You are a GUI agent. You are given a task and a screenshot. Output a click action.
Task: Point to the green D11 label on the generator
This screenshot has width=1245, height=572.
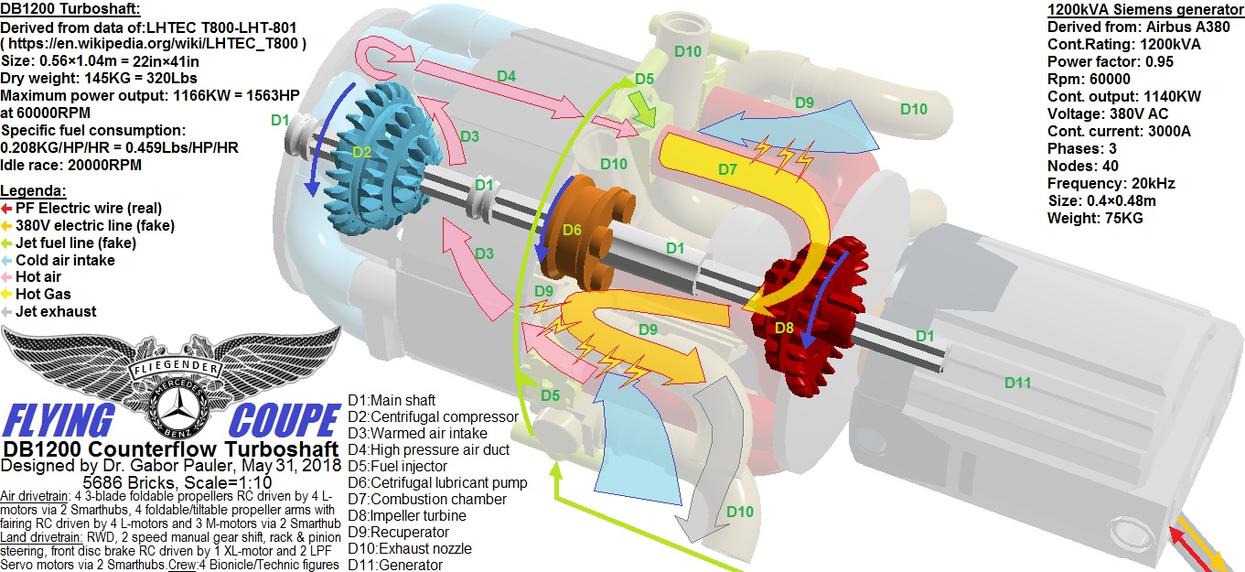[1018, 383]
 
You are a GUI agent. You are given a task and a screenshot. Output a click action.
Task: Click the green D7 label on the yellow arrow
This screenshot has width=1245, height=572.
[727, 169]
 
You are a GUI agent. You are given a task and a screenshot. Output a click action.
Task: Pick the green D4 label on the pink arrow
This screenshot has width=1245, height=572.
[507, 76]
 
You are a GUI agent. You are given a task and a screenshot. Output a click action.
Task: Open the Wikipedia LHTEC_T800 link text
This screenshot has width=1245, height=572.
[162, 44]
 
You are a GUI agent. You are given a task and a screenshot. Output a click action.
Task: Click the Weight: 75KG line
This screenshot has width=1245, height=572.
[1095, 218]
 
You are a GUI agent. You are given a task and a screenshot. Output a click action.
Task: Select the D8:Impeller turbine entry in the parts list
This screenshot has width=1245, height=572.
[407, 515]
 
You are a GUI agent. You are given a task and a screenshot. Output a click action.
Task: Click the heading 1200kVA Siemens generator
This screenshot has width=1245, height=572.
[1144, 10]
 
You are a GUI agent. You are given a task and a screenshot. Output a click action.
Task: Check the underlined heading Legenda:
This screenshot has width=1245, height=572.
[33, 190]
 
